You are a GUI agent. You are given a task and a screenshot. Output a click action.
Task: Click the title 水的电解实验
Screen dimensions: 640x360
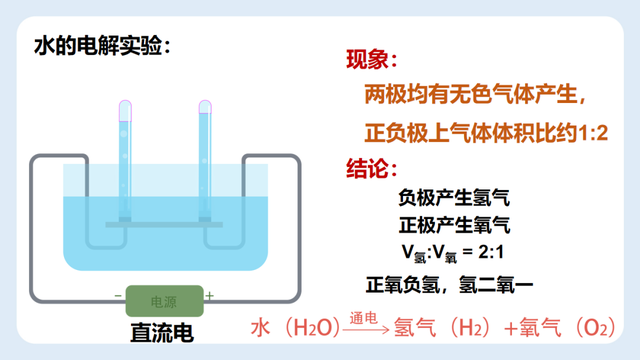point(100,46)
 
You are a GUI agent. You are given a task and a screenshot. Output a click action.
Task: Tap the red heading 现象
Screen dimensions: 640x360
point(371,60)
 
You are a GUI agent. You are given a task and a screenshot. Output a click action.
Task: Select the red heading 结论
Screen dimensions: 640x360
point(371,166)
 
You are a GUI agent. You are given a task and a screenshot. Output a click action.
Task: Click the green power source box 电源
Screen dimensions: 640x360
point(164,299)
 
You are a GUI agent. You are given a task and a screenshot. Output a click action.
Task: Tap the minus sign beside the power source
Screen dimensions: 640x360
point(119,297)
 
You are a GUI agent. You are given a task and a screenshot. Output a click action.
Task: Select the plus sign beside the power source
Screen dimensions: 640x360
point(210,297)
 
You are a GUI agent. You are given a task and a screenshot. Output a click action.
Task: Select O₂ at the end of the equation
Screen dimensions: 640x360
point(596,328)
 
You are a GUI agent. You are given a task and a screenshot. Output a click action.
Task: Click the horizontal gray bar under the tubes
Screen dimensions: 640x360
point(165,224)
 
